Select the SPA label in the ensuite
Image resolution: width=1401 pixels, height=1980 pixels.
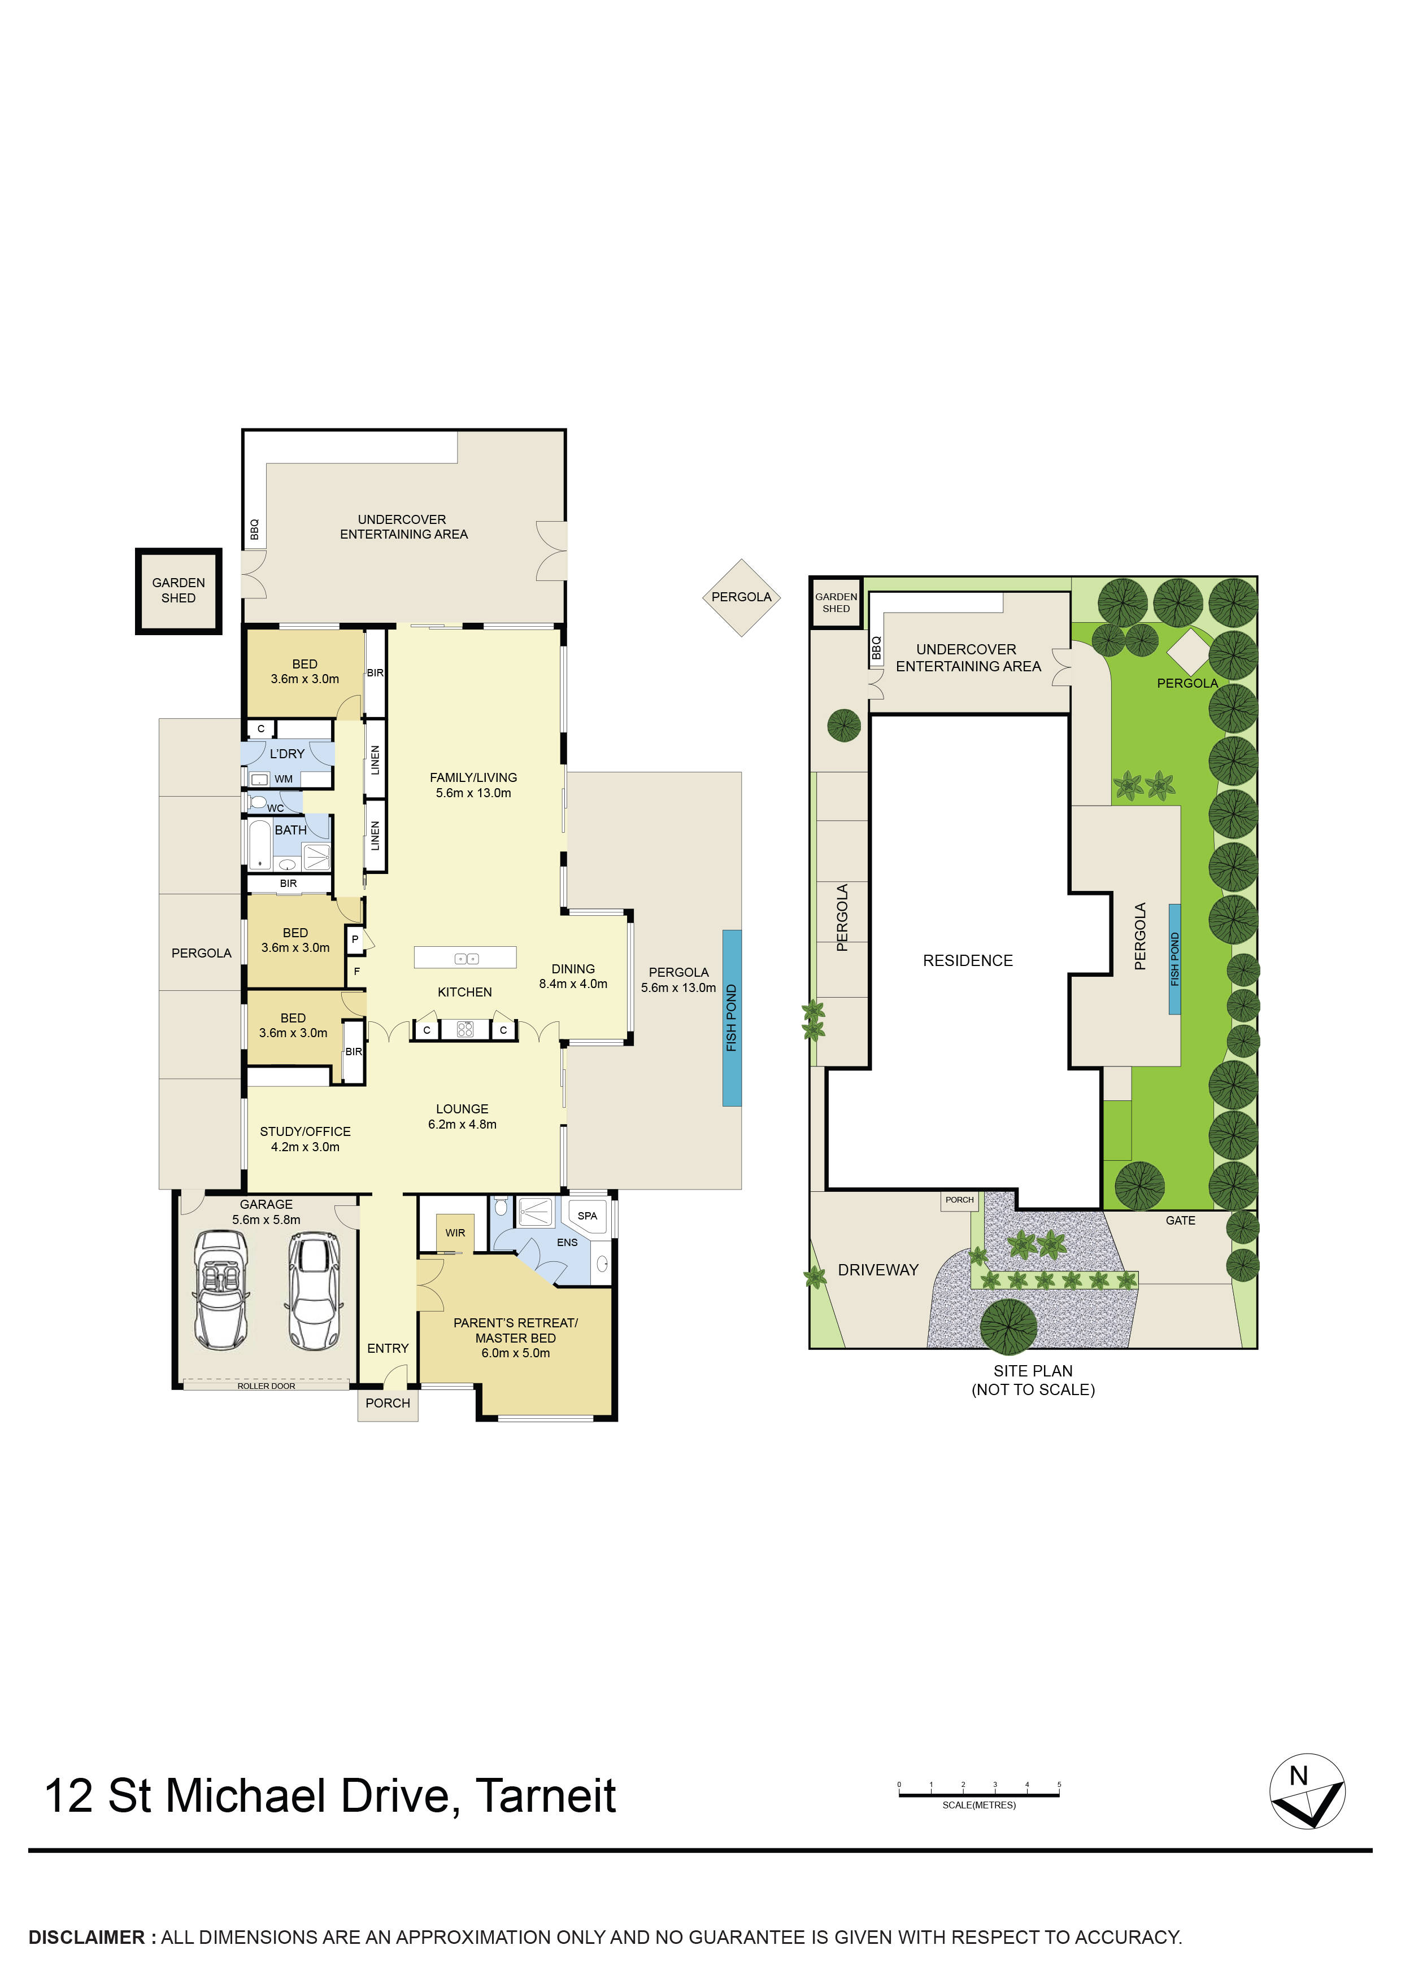tap(588, 1216)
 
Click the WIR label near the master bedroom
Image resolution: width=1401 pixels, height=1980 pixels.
tap(455, 1232)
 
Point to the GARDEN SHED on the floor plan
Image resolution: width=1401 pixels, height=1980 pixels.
tap(179, 591)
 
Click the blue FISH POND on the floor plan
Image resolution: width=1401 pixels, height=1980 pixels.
tap(732, 1017)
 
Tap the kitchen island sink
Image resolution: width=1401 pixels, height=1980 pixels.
tap(466, 958)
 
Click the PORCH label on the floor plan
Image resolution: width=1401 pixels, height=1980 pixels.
tap(388, 1403)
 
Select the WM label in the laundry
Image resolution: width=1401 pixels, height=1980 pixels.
tap(284, 779)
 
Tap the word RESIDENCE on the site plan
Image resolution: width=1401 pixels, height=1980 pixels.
tap(967, 961)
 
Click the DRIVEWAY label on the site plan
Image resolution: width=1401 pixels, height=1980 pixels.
tap(878, 1270)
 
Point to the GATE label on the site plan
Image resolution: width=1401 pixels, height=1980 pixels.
tap(1180, 1220)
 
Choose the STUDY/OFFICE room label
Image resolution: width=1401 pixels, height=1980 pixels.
tap(306, 1131)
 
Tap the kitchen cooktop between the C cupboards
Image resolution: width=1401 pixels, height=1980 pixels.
tap(465, 1029)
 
